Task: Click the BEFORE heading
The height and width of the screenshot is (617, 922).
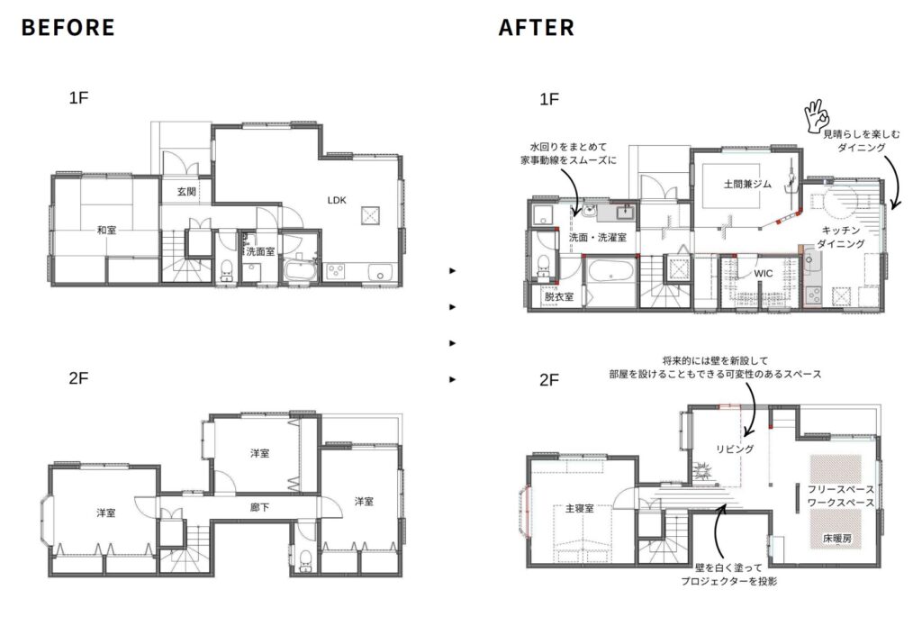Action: tap(68, 28)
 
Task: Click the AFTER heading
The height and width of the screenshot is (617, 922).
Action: tap(537, 28)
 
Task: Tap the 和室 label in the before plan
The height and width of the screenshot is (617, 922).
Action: tap(107, 230)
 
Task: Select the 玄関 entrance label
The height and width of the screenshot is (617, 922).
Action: tap(186, 191)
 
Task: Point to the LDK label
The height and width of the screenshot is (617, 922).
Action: tap(337, 200)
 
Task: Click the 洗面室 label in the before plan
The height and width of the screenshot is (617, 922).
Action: tap(260, 251)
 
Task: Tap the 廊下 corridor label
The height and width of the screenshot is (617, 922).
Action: tap(259, 506)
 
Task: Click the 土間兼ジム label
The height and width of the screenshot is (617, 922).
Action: tap(747, 184)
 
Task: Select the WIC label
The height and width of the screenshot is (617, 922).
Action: tap(764, 274)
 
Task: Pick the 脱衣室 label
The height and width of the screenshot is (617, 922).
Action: tap(558, 296)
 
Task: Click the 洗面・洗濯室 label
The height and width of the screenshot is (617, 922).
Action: tap(598, 237)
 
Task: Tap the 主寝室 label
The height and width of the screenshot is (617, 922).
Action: tap(579, 508)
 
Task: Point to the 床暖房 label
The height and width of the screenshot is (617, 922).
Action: tap(836, 538)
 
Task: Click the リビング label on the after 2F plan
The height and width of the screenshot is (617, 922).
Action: tap(735, 449)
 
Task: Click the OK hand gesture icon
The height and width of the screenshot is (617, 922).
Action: tap(816, 115)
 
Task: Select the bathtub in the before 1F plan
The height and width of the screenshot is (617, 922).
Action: tap(301, 270)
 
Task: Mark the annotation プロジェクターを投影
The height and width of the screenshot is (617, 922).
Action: tap(729, 581)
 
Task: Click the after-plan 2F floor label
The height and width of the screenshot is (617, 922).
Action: tap(548, 380)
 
